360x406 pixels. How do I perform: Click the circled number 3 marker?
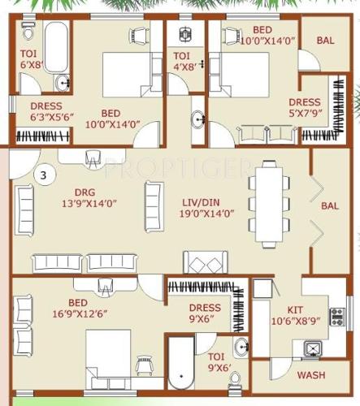[43, 173]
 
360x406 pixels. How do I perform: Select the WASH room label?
[311, 375]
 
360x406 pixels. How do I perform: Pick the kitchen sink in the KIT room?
[311, 349]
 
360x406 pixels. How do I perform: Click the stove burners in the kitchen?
[336, 316]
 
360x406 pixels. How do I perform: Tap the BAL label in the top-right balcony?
[325, 40]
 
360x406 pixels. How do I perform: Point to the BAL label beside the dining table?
[330, 206]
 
